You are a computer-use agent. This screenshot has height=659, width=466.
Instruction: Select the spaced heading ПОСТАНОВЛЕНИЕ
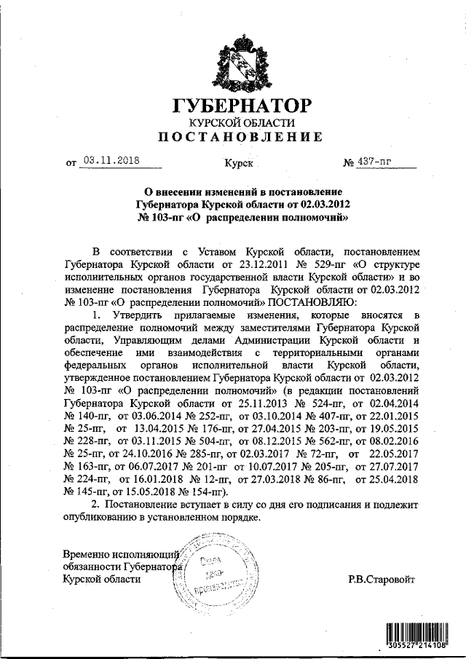click(240, 136)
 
